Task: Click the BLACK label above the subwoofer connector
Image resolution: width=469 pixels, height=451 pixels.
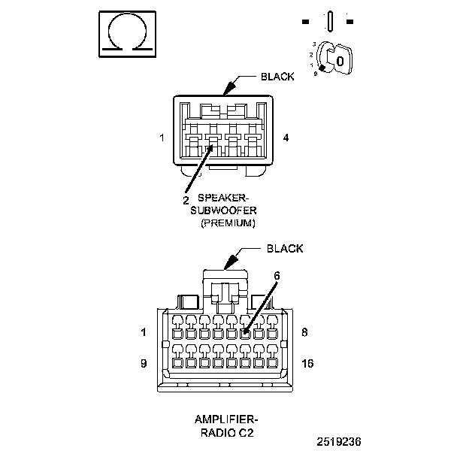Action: (x=277, y=77)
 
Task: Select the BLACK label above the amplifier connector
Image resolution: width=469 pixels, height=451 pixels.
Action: (x=284, y=248)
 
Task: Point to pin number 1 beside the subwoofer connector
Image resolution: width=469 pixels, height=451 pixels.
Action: (x=162, y=138)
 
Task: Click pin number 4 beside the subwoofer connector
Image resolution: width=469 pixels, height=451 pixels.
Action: (x=286, y=138)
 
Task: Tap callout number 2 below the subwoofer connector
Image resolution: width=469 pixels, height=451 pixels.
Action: (x=186, y=200)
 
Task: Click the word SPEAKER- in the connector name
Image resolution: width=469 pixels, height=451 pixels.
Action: (x=223, y=198)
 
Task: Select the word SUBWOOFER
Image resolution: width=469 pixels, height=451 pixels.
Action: (x=223, y=210)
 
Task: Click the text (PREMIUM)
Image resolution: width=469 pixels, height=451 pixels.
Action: (x=228, y=222)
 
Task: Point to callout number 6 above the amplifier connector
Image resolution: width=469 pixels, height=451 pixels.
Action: (x=277, y=275)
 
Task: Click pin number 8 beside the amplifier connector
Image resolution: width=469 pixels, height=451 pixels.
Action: (x=304, y=332)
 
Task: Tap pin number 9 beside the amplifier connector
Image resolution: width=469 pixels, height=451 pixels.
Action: (x=144, y=363)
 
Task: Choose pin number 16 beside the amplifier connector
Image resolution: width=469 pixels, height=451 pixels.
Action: (x=307, y=363)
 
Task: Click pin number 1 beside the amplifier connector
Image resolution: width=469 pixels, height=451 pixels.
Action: (x=144, y=332)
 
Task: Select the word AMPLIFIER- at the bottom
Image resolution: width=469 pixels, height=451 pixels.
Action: (x=226, y=419)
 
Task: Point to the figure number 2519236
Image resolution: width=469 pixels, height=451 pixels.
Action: (x=339, y=441)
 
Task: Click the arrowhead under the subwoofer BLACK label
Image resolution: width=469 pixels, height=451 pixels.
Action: (x=229, y=88)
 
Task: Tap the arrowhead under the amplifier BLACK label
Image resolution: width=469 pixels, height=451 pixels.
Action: (x=231, y=262)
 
